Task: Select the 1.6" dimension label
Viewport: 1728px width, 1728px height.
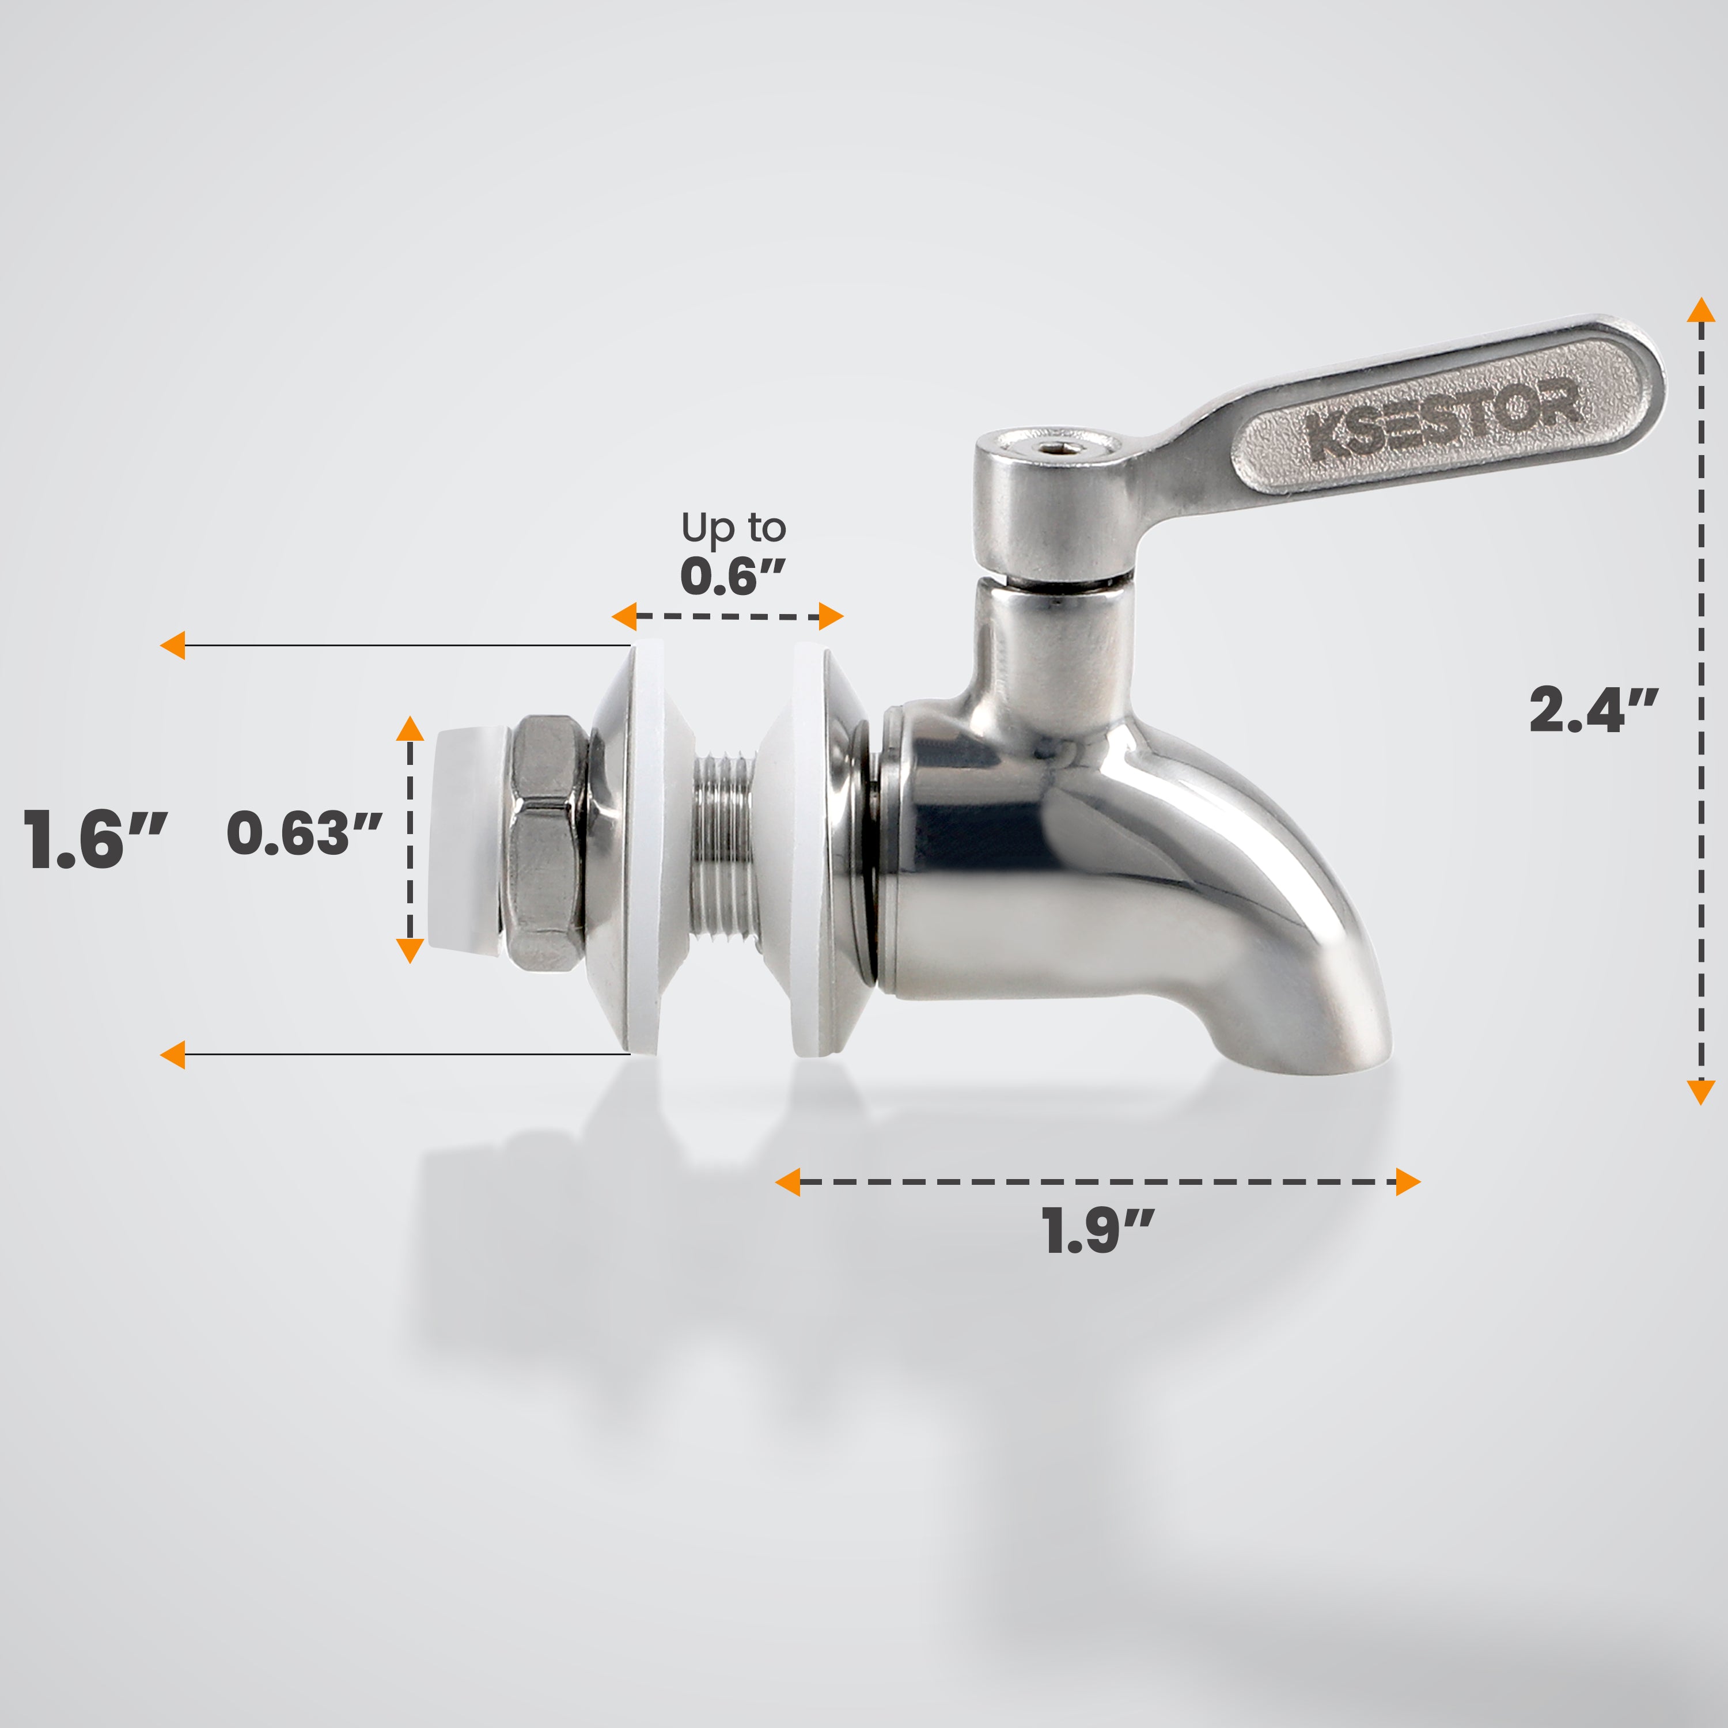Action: point(94,839)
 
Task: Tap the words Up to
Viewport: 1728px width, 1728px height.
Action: point(733,528)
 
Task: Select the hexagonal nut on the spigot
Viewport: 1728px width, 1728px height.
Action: point(545,843)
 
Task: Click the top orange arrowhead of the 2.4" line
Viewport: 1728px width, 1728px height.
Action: point(1700,310)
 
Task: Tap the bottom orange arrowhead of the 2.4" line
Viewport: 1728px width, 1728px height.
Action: point(1700,1092)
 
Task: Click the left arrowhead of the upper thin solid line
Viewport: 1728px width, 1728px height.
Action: point(173,645)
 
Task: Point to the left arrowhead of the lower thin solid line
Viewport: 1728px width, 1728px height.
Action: point(173,1055)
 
